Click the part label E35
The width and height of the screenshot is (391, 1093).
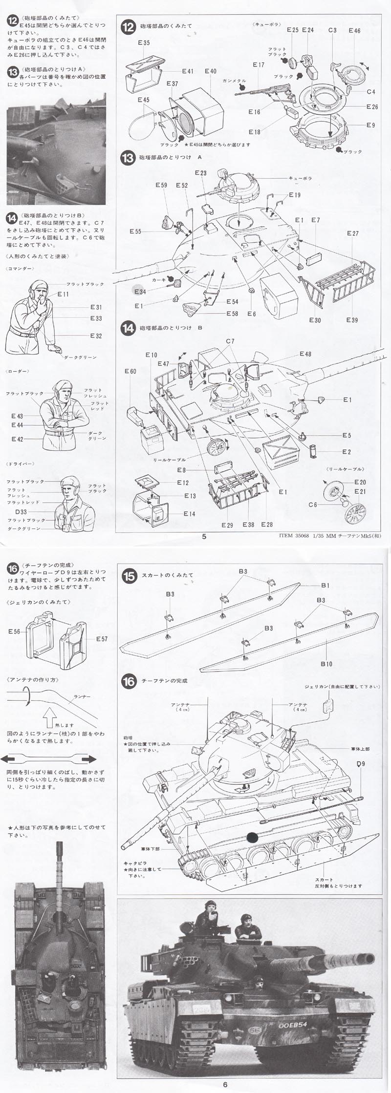144,43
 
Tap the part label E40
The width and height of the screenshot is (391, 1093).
210,71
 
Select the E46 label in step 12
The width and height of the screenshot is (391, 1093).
355,31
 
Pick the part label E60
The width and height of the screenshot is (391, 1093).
130,371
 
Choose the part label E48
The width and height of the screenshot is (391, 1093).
305,354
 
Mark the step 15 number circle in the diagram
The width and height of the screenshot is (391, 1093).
129,575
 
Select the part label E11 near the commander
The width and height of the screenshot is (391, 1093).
64,294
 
